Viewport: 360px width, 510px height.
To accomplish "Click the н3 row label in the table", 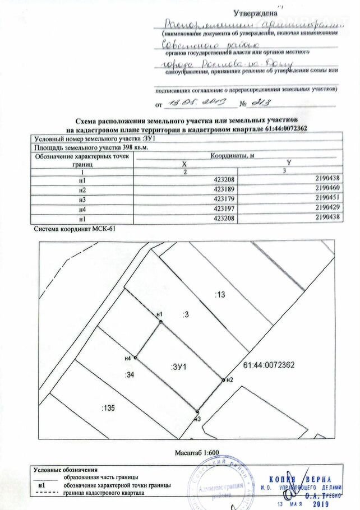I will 83,199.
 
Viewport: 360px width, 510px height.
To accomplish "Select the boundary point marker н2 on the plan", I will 223,380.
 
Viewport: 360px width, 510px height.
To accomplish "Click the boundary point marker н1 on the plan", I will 161,322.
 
